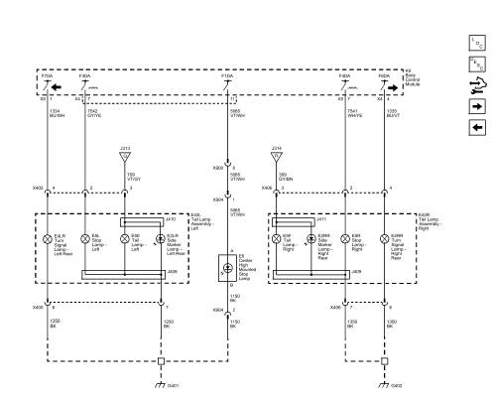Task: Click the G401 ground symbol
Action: [161, 383]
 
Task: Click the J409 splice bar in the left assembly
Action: [123, 271]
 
